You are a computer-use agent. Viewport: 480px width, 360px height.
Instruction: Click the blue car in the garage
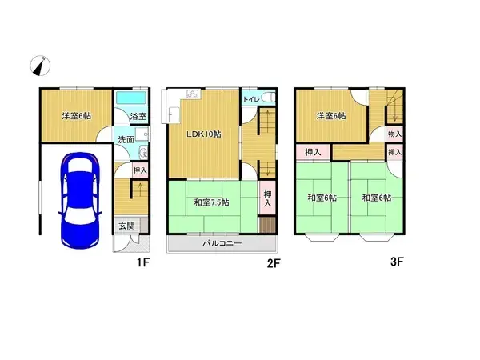78,198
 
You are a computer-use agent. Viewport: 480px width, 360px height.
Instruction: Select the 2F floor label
272,261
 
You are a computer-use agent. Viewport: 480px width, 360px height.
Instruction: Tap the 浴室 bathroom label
137,117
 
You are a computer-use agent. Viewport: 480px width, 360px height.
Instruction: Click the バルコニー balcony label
221,242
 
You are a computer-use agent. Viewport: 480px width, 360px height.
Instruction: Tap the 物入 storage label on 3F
394,134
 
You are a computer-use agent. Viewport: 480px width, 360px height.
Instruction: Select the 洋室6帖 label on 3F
331,116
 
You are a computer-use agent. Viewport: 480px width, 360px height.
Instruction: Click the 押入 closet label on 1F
139,170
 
